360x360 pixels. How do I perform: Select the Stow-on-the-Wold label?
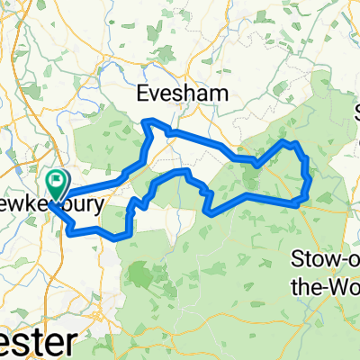tap(328, 270)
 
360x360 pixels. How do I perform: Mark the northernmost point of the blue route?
tap(151, 121)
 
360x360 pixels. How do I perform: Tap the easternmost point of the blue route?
tap(310, 178)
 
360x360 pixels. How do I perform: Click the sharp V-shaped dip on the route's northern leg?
tap(256, 166)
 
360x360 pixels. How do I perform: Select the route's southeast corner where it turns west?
tap(297, 204)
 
